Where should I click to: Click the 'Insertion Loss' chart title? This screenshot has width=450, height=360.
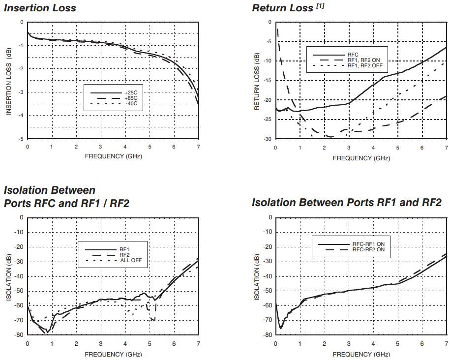(x=40, y=8)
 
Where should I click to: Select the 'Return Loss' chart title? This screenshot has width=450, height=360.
(x=282, y=8)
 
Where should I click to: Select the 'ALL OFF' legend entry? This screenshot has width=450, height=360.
(x=132, y=260)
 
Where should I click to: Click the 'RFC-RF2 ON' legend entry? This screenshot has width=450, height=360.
(x=372, y=250)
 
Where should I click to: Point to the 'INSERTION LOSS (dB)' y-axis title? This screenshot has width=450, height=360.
(x=9, y=81)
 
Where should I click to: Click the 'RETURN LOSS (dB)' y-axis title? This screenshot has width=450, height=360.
(x=256, y=81)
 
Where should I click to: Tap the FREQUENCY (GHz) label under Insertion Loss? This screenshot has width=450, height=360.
(x=113, y=156)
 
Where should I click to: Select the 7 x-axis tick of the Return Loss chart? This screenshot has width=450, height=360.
(x=446, y=148)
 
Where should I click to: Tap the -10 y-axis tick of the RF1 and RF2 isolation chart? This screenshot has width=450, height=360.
(x=268, y=232)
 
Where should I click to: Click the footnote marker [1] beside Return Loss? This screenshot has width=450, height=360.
(x=320, y=5)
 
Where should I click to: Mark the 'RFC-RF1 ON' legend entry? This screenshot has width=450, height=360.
(x=372, y=244)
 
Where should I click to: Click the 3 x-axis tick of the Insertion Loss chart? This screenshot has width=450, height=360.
(x=100, y=148)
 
